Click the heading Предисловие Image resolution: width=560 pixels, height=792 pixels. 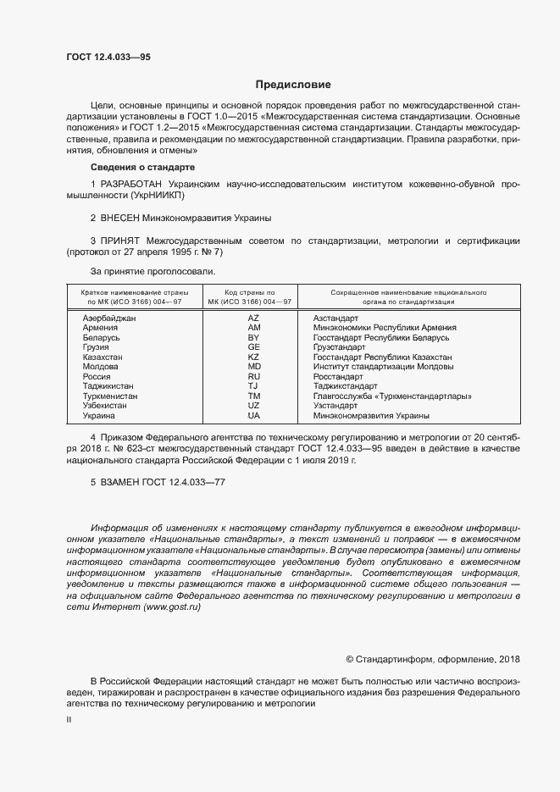(x=293, y=85)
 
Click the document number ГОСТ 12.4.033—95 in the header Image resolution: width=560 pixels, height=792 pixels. (x=108, y=57)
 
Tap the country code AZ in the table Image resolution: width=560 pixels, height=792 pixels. (x=253, y=318)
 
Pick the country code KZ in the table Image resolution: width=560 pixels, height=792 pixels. (x=253, y=357)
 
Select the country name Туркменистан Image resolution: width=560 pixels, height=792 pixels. (x=110, y=396)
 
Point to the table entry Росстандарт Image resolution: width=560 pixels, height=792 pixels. (x=338, y=377)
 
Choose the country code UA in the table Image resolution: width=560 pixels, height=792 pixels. (x=253, y=416)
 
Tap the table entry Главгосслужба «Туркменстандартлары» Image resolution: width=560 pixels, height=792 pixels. (x=392, y=396)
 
